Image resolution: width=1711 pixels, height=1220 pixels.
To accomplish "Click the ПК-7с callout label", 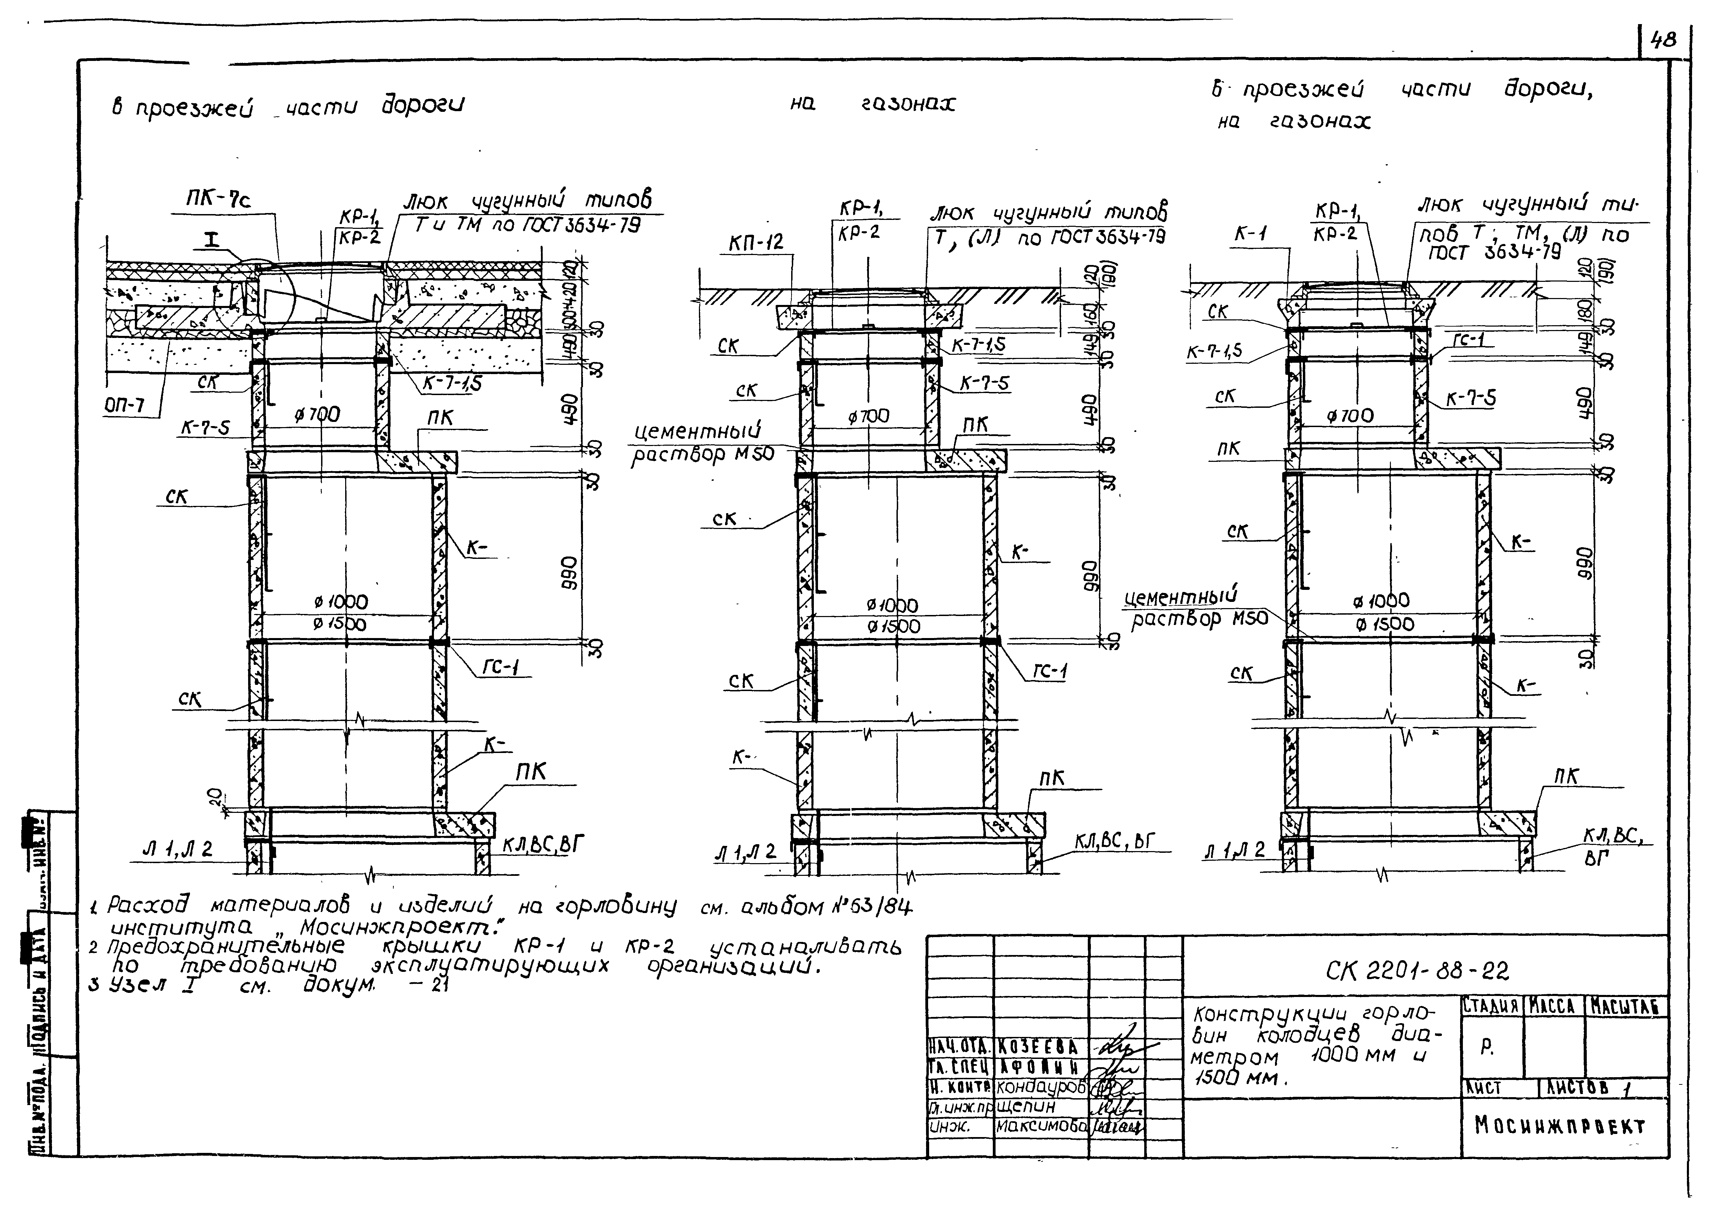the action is [x=219, y=200].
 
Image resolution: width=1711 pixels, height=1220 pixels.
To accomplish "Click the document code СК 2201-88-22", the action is [x=1417, y=971].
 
